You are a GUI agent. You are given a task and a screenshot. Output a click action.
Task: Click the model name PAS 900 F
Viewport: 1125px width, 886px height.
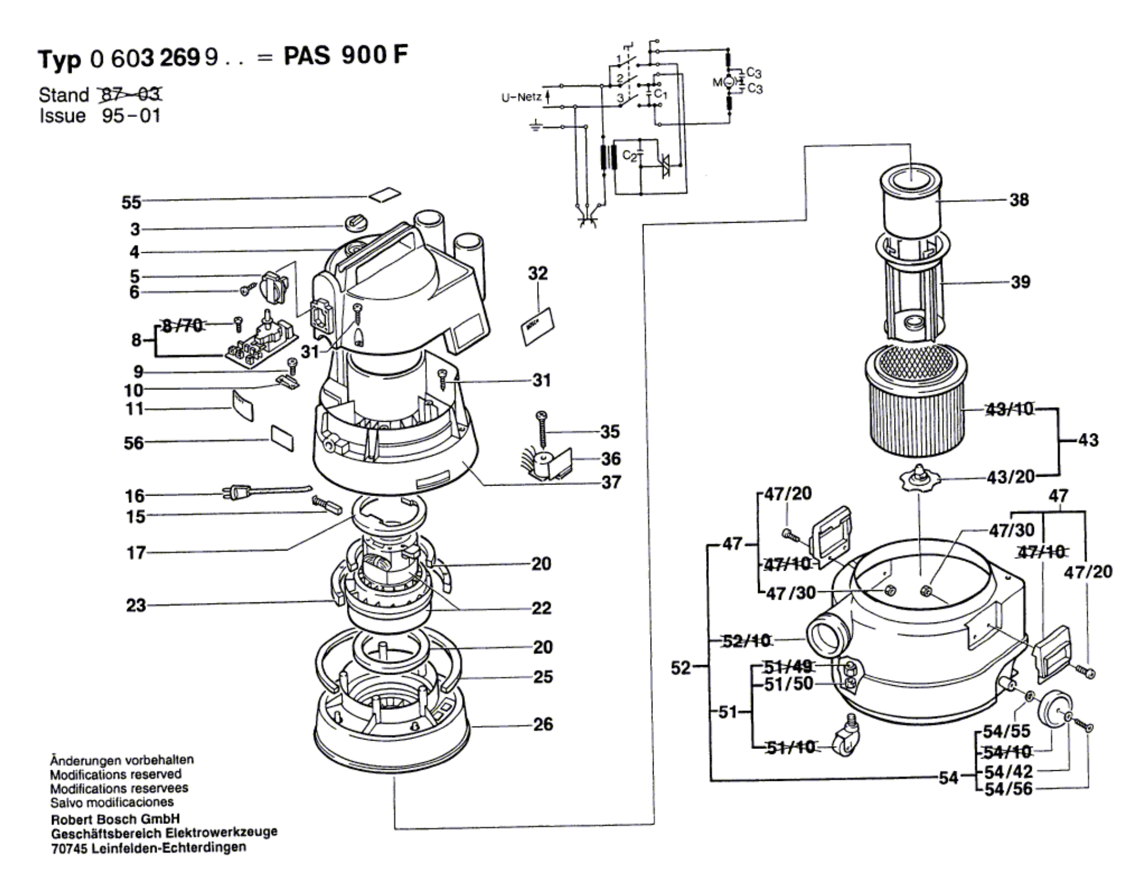click(x=346, y=56)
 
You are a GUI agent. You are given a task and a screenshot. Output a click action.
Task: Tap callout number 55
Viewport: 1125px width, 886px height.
click(x=131, y=203)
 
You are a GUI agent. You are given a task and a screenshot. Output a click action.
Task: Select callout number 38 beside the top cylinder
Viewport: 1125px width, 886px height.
click(x=1019, y=200)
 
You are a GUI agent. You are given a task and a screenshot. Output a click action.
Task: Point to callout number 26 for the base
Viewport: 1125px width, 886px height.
click(x=543, y=724)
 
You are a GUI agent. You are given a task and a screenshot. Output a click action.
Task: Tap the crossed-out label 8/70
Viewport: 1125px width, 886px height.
click(x=182, y=325)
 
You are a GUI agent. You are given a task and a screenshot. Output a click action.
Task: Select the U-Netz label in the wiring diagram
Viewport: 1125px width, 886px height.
click(x=521, y=97)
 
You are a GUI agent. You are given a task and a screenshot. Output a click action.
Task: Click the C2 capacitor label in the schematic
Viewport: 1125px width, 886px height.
click(x=630, y=157)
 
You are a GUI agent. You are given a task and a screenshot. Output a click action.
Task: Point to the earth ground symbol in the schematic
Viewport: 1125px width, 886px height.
click(x=535, y=126)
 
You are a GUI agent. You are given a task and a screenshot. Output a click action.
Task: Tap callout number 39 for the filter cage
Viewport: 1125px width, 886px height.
click(x=1020, y=282)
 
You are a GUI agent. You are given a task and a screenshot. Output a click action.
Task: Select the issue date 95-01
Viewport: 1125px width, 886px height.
click(x=131, y=116)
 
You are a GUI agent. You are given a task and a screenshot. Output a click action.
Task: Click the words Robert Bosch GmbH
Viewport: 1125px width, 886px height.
click(x=115, y=819)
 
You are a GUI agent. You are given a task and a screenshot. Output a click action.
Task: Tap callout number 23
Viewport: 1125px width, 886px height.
click(x=136, y=605)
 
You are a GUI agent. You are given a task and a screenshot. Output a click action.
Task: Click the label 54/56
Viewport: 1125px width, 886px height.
click(x=1008, y=789)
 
